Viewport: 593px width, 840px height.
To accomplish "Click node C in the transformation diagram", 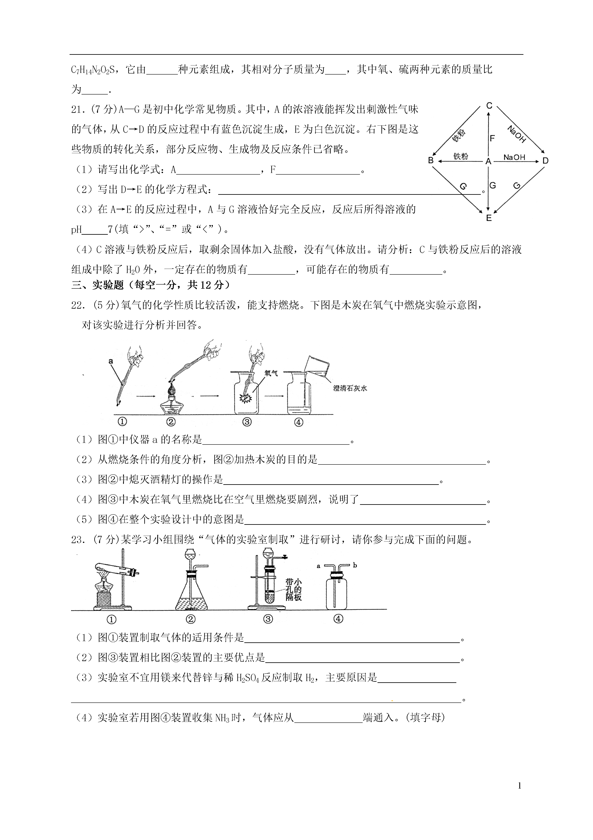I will pyautogui.click(x=489, y=106).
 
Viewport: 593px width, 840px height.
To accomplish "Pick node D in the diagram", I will pyautogui.click(x=545, y=161).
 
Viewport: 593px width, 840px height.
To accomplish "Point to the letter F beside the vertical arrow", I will pyautogui.click(x=492, y=138).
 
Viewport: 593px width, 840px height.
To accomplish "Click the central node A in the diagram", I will pyautogui.click(x=488, y=161).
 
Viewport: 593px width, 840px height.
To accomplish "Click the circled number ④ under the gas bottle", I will pyautogui.click(x=338, y=619).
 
